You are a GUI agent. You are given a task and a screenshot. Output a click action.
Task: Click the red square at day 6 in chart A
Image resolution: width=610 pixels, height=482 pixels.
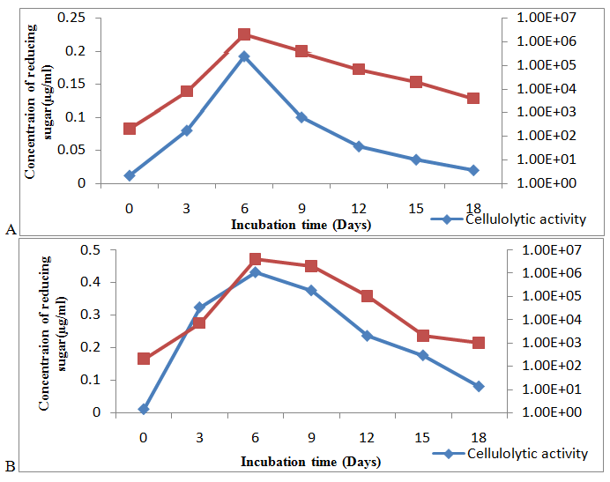244,34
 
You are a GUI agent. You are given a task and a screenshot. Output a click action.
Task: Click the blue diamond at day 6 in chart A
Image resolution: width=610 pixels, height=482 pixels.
244,56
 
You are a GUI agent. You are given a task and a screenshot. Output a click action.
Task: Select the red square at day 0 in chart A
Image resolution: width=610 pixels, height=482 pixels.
130,129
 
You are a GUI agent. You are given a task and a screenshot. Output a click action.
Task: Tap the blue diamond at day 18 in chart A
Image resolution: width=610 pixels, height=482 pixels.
473,170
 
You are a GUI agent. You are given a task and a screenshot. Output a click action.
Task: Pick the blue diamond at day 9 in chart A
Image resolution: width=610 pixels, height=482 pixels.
301,117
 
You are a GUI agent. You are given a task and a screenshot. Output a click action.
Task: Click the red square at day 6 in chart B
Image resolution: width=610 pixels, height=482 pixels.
256,259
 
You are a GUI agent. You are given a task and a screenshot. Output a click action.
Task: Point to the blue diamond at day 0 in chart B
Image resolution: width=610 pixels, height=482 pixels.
144,409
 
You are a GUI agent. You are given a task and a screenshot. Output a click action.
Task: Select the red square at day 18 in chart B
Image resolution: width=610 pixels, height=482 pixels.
479,343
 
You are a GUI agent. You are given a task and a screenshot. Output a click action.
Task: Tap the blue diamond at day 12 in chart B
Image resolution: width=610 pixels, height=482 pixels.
367,336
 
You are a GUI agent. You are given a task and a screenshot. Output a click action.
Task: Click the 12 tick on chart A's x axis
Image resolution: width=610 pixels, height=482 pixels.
359,208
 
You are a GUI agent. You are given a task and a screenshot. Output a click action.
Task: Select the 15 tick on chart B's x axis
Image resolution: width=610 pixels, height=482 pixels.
422,437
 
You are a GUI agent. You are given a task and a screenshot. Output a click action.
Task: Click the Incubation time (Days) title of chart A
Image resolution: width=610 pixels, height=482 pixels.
301,224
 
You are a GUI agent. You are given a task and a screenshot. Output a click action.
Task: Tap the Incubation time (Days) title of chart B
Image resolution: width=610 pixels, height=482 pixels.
312,461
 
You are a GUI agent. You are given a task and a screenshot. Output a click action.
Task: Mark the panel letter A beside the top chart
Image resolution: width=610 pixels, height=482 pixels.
11,229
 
